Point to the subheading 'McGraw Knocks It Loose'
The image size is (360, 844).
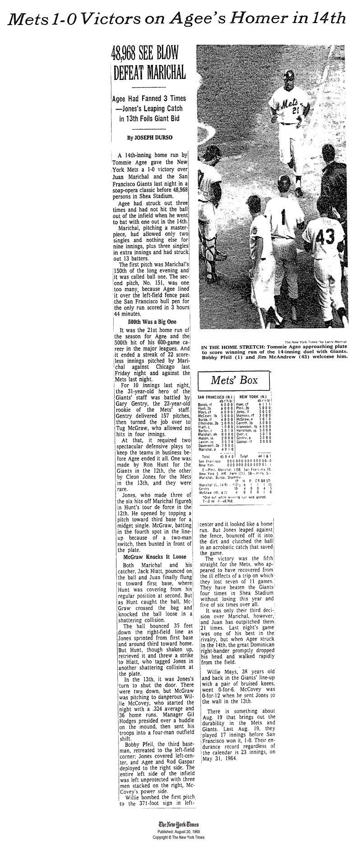point(151,557)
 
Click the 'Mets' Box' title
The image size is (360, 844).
point(235,380)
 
